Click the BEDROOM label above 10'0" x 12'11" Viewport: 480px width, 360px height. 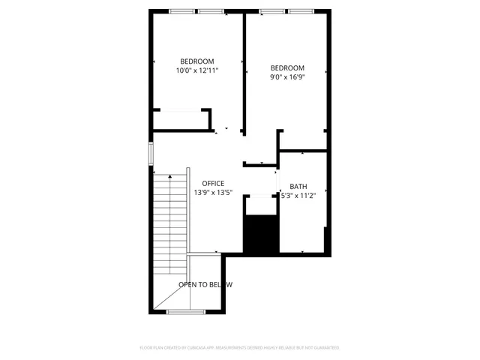[197, 61]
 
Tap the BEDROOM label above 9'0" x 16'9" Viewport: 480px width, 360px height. [287, 67]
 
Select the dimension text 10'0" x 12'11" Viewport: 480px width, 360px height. [197, 70]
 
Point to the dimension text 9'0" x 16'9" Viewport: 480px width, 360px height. [287, 76]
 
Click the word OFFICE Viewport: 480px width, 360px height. [213, 184]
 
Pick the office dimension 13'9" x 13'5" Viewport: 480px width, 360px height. [213, 193]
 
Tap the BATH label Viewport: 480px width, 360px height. [298, 187]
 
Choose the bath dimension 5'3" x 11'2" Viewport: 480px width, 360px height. [298, 196]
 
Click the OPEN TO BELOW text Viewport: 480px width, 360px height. [205, 285]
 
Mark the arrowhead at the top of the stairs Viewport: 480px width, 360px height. [170, 177]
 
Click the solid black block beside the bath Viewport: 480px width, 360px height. [261, 234]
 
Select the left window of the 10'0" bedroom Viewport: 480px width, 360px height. [181, 11]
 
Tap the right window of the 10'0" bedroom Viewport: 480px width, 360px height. [211, 11]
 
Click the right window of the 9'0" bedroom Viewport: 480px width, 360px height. [301, 11]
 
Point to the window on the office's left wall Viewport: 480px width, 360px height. [151, 152]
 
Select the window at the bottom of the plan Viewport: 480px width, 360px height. [180, 311]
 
